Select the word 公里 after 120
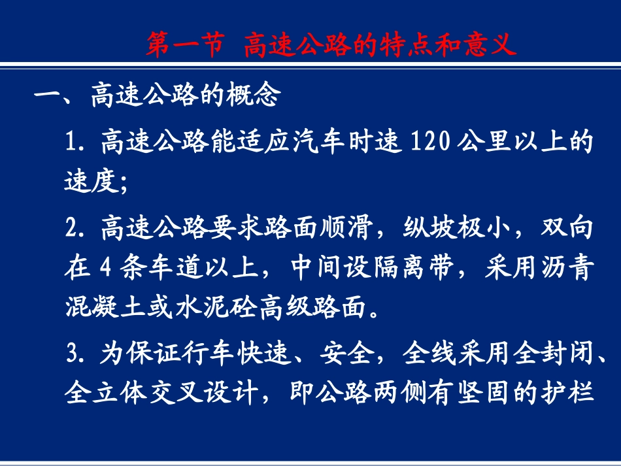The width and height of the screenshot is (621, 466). tap(486, 141)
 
